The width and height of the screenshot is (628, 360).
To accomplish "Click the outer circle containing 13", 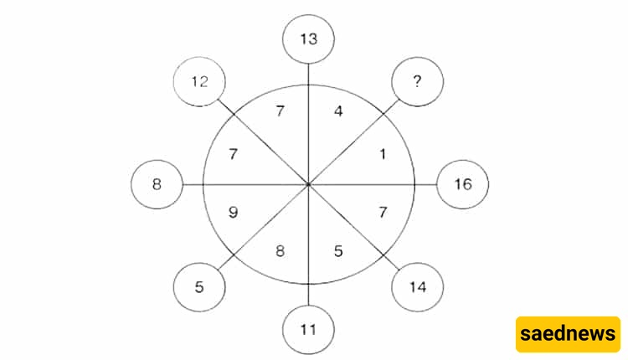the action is point(308,39).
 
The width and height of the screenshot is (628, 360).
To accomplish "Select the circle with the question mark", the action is point(417,82).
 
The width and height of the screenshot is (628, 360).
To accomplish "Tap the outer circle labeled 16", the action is point(462,185).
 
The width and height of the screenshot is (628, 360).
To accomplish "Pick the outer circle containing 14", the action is point(417,287).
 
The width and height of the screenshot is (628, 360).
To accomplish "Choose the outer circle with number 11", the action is point(308,330).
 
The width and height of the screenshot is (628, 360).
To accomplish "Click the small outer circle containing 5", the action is point(199,287).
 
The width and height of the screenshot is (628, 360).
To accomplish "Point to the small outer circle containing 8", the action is point(157,185).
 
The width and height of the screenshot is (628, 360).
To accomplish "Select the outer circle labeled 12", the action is point(199,82).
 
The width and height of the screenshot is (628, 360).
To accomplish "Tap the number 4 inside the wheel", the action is point(338,111).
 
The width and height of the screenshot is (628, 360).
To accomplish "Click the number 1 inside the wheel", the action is point(383,154).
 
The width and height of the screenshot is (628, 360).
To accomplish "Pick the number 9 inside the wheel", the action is point(234,213).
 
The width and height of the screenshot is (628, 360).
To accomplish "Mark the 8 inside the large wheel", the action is point(280,251).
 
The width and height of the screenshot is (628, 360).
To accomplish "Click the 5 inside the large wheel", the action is point(338,251).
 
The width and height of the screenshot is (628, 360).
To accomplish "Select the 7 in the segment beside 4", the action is point(281,111).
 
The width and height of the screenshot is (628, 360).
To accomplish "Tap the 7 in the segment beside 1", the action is point(383,213).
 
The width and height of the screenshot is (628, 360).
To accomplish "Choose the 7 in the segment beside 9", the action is point(234,154).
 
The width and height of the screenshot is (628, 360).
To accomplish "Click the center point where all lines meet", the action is point(308,185).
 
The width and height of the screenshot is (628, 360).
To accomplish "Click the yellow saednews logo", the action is point(568,334).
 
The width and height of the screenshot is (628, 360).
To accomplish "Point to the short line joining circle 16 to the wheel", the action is point(425,185).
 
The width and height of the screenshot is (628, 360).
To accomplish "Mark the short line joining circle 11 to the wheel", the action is point(308,295).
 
